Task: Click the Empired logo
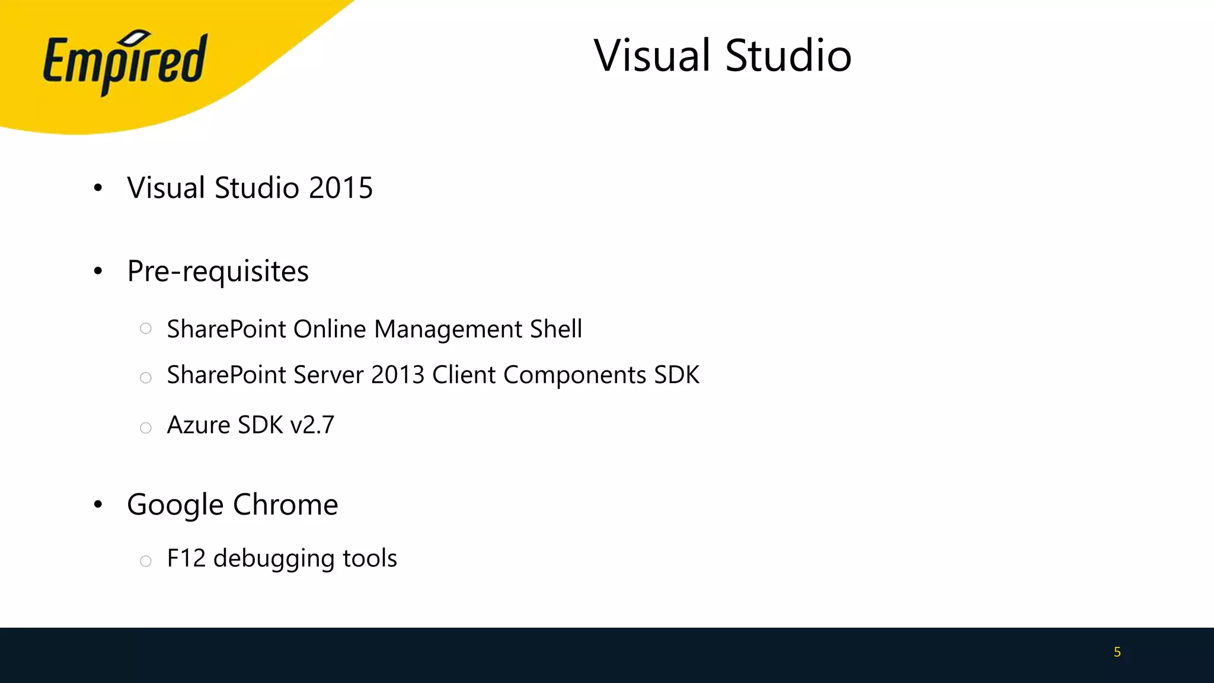[124, 62]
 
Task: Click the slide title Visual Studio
[722, 56]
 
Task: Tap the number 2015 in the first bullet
[340, 188]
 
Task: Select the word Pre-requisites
[218, 272]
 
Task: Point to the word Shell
[555, 329]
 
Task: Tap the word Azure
[199, 425]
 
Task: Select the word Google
[175, 505]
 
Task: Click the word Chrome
[285, 505]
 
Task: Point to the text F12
[186, 558]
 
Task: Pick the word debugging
[274, 559]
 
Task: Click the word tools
[370, 558]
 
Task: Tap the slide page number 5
[1117, 652]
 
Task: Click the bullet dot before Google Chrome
[98, 505]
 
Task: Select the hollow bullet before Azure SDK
[146, 427]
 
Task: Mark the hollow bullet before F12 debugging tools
[146, 561]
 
